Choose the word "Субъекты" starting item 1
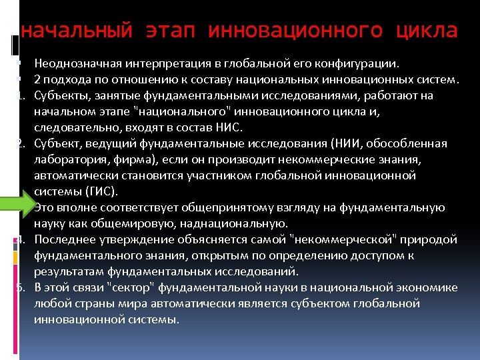[x=58, y=96]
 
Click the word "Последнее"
[x=61, y=239]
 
